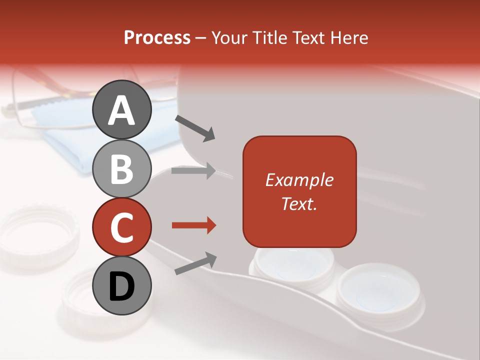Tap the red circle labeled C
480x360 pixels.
click(x=122, y=227)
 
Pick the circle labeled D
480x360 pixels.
click(x=122, y=286)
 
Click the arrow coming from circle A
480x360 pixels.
click(x=195, y=127)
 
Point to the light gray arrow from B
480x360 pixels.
click(x=193, y=171)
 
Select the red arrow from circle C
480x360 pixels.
click(x=193, y=225)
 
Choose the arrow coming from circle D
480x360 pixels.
click(x=195, y=263)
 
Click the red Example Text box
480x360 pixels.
click(x=299, y=191)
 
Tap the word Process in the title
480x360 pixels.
click(x=157, y=37)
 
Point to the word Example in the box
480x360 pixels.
click(x=299, y=180)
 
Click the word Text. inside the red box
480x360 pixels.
click(x=299, y=203)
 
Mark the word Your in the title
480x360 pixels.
click(x=229, y=37)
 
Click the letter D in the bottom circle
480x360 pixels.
click(x=122, y=287)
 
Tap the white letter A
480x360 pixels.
click(x=122, y=110)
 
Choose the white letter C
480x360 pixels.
click(x=122, y=228)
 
